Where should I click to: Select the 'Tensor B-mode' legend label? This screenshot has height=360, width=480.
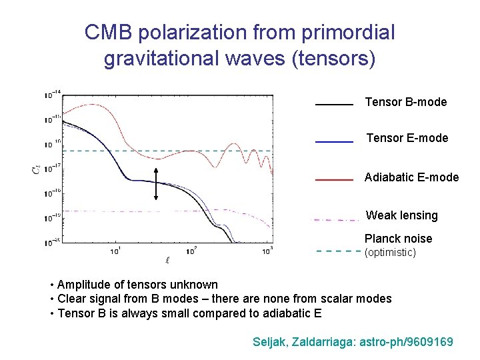point(405,102)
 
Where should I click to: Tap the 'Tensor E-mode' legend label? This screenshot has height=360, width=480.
point(407,138)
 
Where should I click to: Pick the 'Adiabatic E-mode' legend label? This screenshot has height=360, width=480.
point(411,177)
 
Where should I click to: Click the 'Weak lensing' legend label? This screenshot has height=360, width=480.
point(401,215)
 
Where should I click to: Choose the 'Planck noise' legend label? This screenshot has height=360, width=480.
point(398,239)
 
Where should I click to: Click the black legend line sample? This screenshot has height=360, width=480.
point(333,105)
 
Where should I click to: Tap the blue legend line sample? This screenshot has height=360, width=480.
point(333,141)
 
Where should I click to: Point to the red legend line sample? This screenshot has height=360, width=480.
point(333,180)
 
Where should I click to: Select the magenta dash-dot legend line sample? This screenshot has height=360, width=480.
point(337,219)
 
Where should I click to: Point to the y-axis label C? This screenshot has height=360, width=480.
point(35,171)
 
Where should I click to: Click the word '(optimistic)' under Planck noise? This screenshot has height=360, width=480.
point(389,253)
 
